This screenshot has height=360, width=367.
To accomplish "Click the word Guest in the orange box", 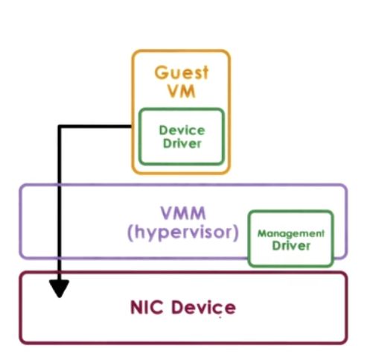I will click(x=182, y=73).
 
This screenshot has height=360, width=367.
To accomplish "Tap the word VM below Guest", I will click(x=182, y=92).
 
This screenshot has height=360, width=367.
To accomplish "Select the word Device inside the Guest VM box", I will click(x=181, y=130).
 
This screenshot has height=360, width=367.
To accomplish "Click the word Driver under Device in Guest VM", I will click(x=181, y=143).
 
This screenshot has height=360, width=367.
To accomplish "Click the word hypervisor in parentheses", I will click(x=182, y=232).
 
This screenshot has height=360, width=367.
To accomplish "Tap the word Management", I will click(x=290, y=233).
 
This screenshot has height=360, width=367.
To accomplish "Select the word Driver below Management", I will click(x=290, y=245).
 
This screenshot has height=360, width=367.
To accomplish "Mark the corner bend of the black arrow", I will click(x=60, y=127).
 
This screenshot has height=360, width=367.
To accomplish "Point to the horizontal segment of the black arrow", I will click(x=97, y=127).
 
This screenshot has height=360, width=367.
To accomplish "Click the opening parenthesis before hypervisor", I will click(x=130, y=233).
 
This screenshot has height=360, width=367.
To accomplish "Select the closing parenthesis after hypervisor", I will click(x=234, y=233).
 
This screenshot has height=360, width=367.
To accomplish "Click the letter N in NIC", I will click(x=135, y=307).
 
